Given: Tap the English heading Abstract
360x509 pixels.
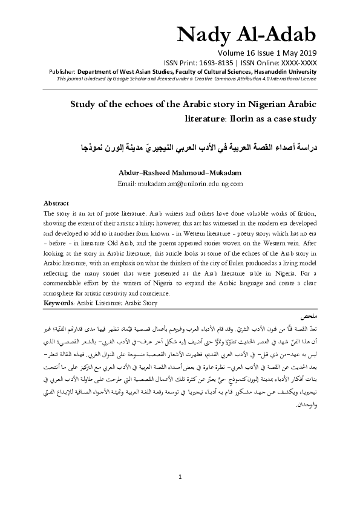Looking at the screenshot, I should coord(56,203).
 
